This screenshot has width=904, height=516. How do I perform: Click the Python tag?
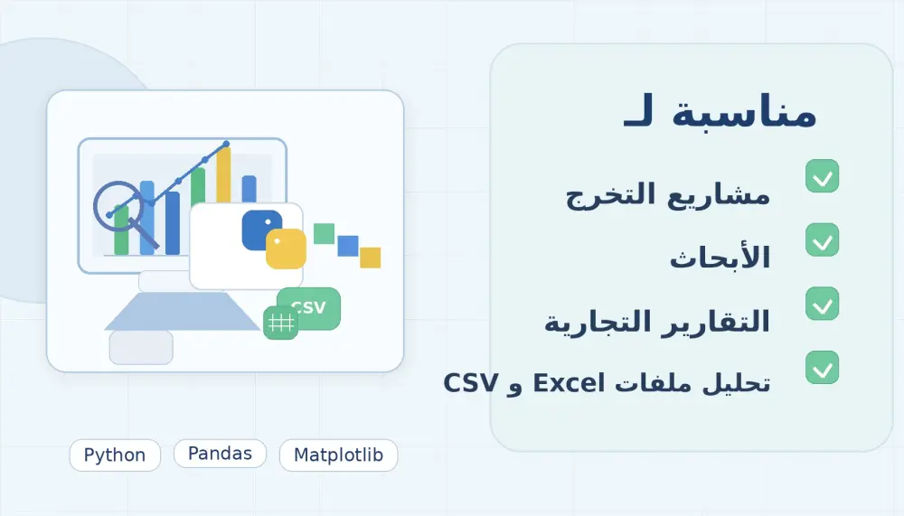pos(115,455)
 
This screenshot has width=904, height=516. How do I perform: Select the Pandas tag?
pos(220,454)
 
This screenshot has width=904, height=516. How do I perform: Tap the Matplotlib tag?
pos(338,455)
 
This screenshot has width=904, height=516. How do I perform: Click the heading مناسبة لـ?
pos(720,113)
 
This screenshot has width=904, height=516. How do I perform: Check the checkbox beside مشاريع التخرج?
pos(822,176)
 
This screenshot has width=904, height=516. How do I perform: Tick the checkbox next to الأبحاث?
pos(822,240)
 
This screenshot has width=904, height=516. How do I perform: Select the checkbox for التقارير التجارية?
pos(822,304)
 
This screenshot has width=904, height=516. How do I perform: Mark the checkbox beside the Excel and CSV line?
pos(822,367)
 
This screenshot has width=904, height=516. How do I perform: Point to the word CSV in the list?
pos(470,382)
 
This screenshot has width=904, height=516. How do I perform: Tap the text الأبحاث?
pos(720,258)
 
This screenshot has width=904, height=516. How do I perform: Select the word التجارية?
pos(588,322)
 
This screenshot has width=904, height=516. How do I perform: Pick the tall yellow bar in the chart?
pos(223,190)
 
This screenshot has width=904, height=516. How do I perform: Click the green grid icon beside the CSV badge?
pos(280,323)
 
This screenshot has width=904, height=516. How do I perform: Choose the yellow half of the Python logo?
pos(287,249)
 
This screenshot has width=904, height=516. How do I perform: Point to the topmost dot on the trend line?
pos(226,144)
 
